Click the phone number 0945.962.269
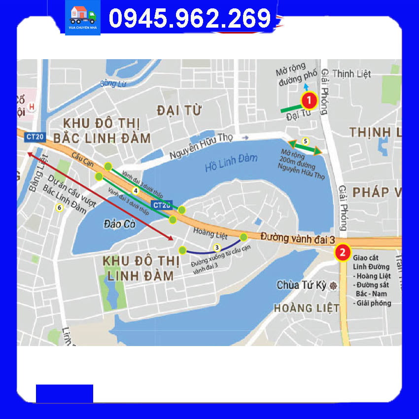click(x=190, y=19)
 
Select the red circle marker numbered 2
click(x=343, y=253)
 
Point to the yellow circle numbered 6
click(x=60, y=208)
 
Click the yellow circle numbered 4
click(x=135, y=190)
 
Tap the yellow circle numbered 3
click(x=216, y=247)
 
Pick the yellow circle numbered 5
click(x=305, y=141)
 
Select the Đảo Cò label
click(x=120, y=224)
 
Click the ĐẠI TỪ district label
click(x=179, y=110)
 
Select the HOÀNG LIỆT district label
click(x=306, y=308)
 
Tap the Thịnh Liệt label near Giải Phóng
click(x=351, y=74)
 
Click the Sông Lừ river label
click(x=113, y=83)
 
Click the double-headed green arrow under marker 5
click(x=305, y=147)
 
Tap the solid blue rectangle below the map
click(x=64, y=393)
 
